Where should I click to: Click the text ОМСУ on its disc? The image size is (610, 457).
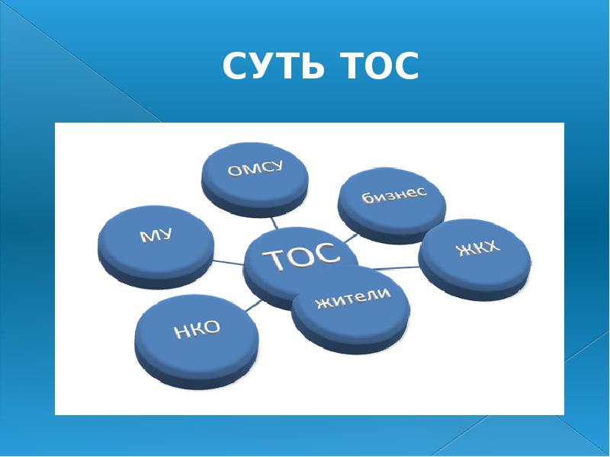pyautogui.click(x=255, y=171)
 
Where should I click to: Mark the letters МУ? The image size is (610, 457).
pyautogui.click(x=156, y=235)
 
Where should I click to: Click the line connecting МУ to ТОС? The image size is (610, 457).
pyautogui.click(x=230, y=264)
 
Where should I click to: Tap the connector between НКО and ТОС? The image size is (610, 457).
pyautogui.click(x=254, y=305)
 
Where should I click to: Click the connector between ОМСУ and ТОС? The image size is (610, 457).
pyautogui.click(x=275, y=224)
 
